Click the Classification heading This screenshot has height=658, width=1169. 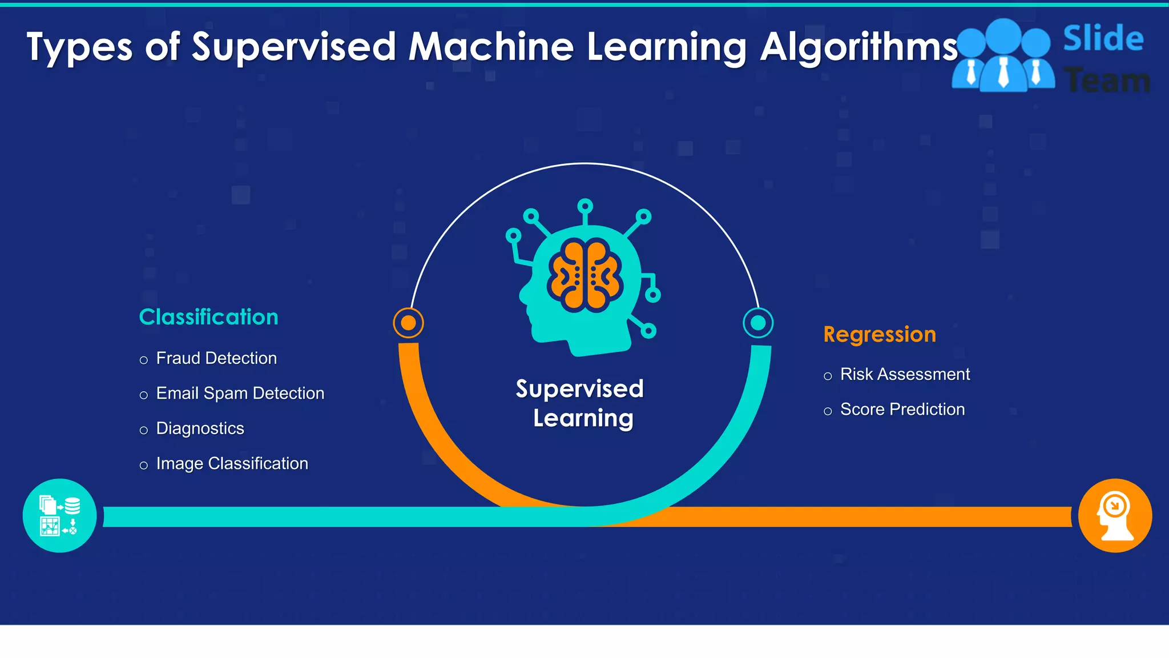[208, 317]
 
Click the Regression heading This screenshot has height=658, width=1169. [880, 334]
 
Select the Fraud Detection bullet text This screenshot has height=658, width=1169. [216, 358]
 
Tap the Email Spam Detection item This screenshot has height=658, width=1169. [240, 394]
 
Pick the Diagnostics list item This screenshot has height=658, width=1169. [200, 428]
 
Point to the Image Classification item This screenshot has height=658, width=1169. [232, 463]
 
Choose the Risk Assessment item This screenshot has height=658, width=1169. [905, 374]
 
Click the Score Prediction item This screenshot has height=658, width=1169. [902, 410]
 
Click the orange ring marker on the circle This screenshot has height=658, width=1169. [408, 323]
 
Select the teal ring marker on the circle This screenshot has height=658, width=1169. [758, 323]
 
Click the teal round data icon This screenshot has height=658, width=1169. [60, 515]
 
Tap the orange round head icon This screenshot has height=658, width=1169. [1115, 515]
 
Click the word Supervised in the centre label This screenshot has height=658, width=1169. [579, 389]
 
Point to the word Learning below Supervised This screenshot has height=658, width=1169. [583, 419]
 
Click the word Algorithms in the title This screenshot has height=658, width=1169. [859, 47]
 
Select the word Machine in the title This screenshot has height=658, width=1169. [491, 47]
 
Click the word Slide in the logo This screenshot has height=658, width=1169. [1103, 39]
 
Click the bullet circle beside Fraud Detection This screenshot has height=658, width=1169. [144, 360]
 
